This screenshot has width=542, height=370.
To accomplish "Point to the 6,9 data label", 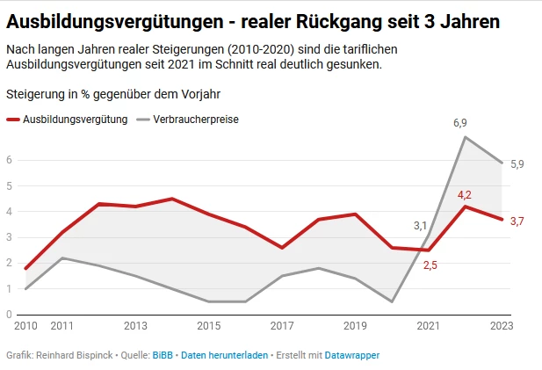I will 459,123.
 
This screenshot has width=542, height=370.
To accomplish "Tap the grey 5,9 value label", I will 517,164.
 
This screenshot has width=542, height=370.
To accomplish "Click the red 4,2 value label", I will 466,194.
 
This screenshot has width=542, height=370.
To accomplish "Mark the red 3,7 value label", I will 517,221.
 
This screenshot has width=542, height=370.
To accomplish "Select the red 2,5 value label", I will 430,265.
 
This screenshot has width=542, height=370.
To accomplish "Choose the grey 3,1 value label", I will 421,226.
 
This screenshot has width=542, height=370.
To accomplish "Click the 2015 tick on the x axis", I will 208,326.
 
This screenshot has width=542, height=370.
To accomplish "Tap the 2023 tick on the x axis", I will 501,326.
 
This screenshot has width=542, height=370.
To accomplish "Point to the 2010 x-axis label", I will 25,326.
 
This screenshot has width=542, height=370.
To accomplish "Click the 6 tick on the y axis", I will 9,160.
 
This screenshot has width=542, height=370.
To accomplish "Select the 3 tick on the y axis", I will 9,237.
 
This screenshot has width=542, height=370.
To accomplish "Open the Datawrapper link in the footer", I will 351,355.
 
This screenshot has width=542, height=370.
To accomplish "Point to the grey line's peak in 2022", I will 465,137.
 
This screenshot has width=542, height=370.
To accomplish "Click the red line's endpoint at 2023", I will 502,219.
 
